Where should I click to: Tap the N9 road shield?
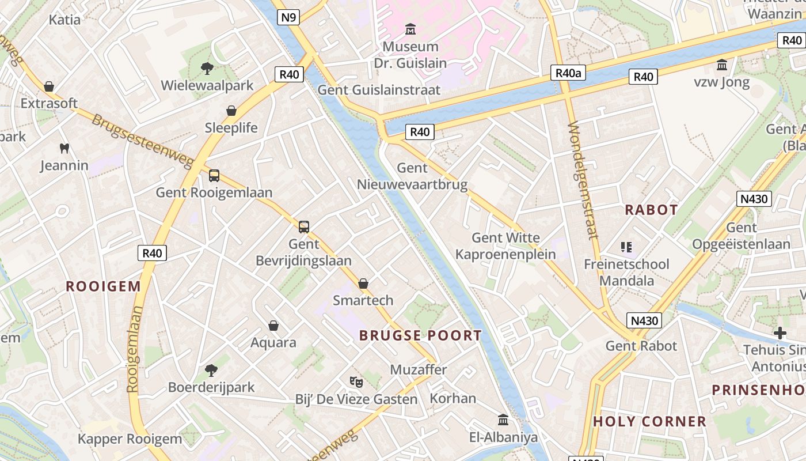click(x=288, y=17)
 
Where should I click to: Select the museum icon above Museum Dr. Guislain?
click(x=410, y=29)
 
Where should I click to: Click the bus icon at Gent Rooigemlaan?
click(x=214, y=176)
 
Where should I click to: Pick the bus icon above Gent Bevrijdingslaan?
click(x=304, y=227)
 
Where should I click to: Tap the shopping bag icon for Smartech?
click(x=363, y=284)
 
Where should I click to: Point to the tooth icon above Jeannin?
click(x=64, y=149)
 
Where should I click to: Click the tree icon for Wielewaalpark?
click(x=207, y=69)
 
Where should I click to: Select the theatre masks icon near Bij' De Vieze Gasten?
click(x=356, y=381)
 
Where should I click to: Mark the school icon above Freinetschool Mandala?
click(x=626, y=248)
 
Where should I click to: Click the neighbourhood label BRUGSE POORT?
click(x=420, y=335)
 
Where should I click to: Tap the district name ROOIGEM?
click(x=103, y=286)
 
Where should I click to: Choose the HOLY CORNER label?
click(x=649, y=421)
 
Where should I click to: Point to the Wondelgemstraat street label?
click(x=583, y=180)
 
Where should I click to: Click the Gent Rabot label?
click(x=641, y=346)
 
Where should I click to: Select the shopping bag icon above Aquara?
click(x=273, y=326)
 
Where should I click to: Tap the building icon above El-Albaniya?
click(x=503, y=420)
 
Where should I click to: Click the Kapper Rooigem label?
click(x=130, y=439)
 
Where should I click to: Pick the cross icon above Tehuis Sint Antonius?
click(x=780, y=333)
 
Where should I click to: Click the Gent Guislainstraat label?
click(x=379, y=90)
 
